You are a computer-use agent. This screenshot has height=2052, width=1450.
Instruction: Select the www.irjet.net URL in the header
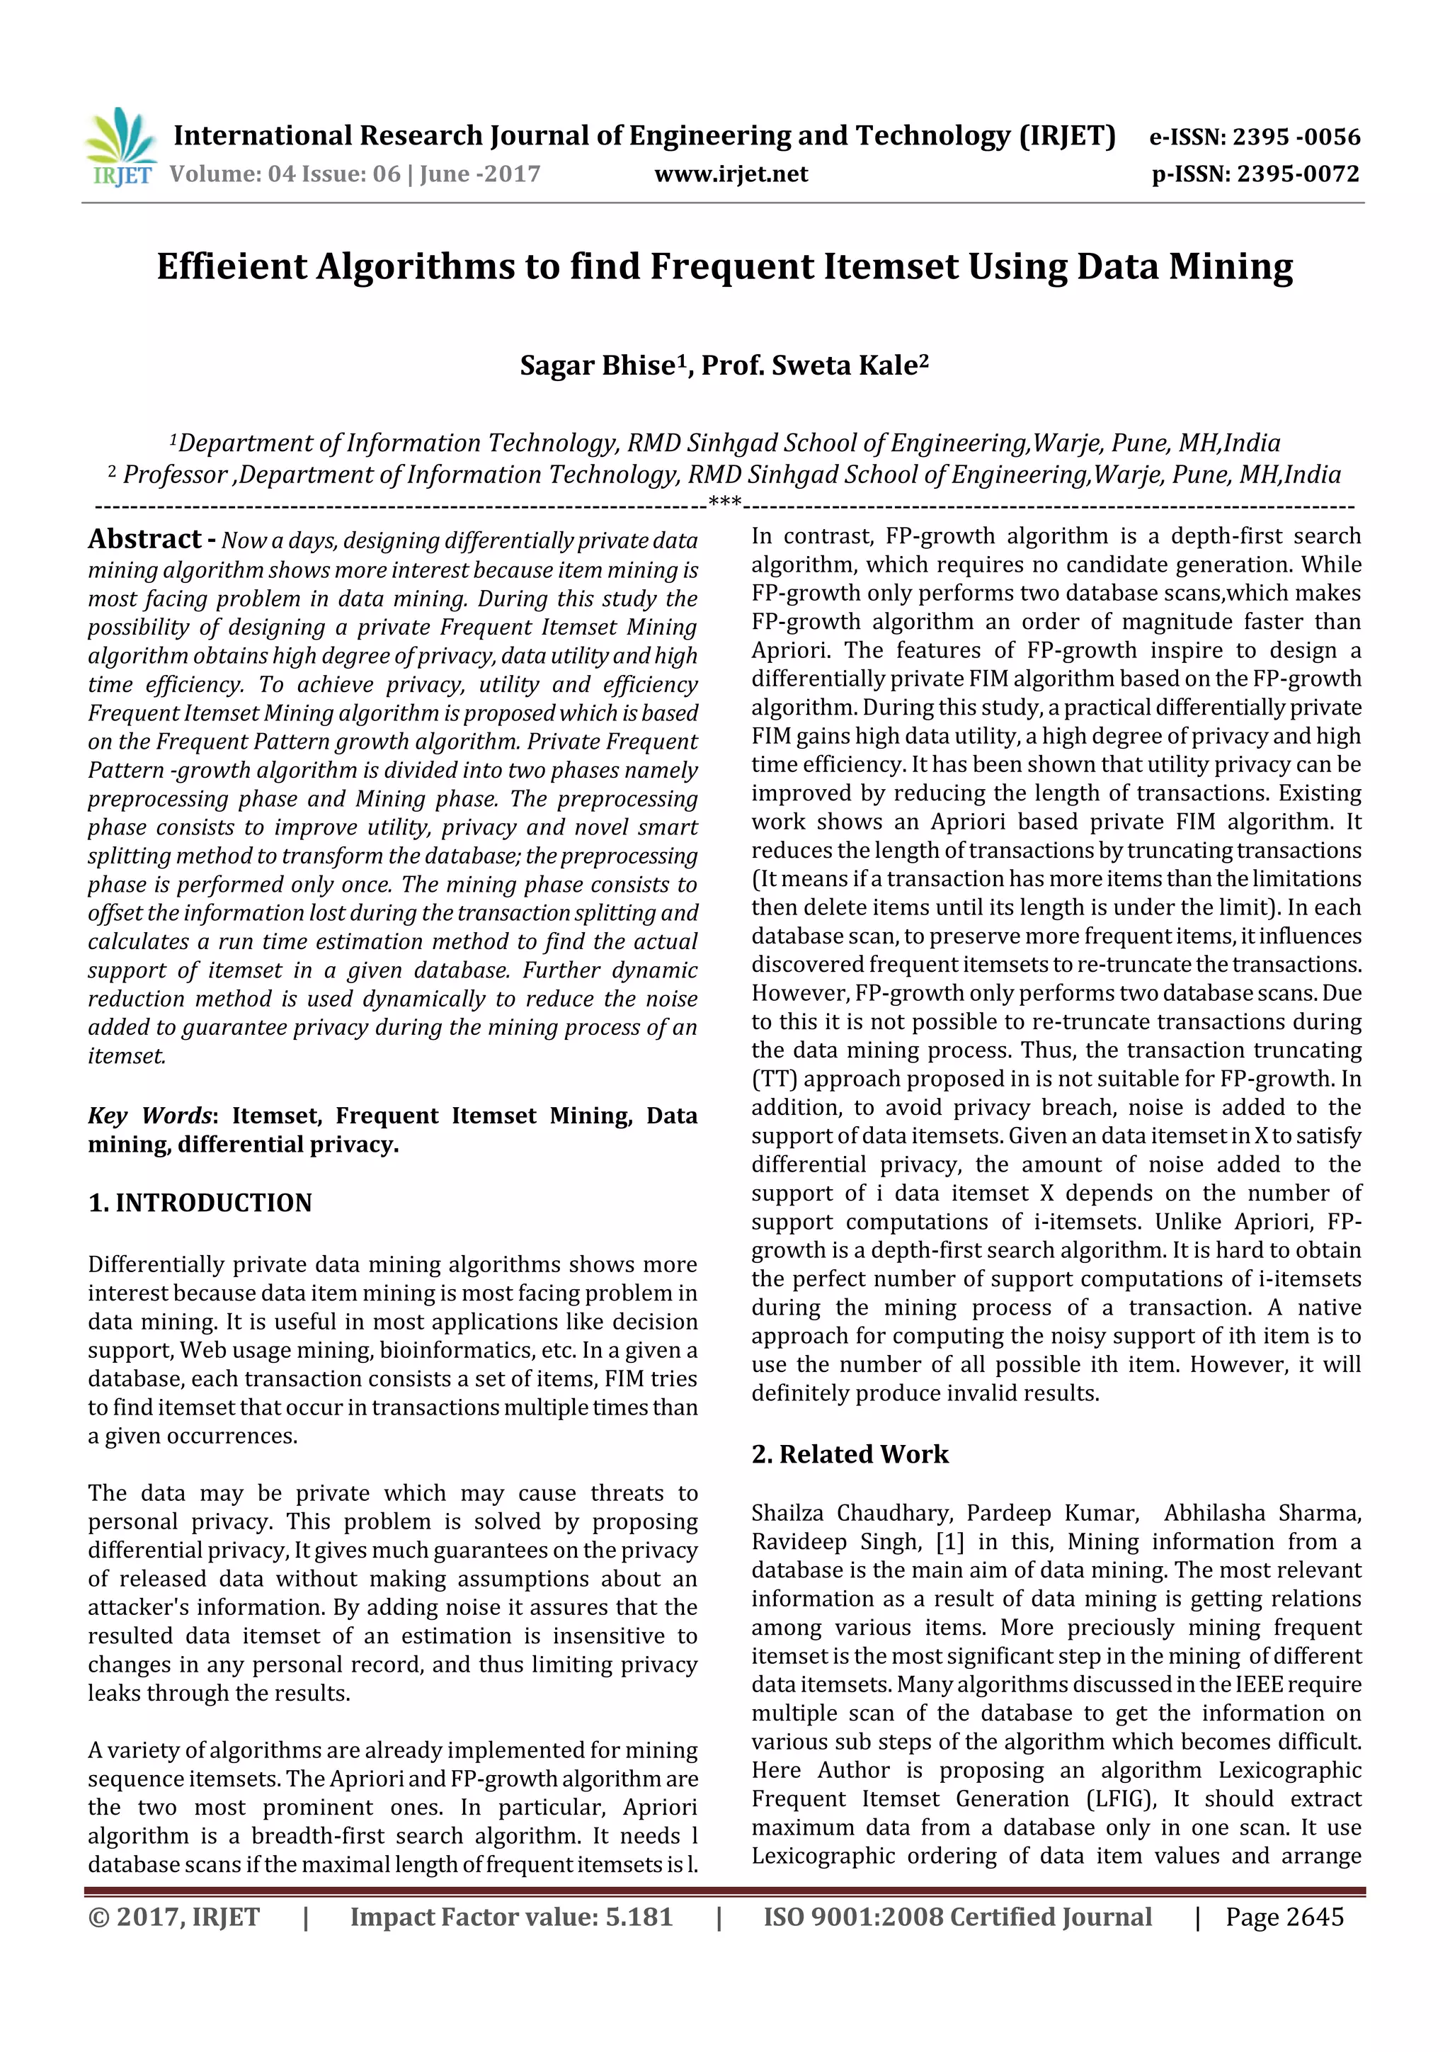730,174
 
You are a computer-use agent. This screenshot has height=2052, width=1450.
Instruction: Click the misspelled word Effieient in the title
232,266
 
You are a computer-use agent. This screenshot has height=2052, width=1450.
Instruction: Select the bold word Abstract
144,539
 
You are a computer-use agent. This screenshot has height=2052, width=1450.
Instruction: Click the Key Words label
149,1116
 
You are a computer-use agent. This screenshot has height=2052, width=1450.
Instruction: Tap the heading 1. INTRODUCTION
200,1203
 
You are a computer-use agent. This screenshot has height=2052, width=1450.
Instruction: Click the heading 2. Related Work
850,1454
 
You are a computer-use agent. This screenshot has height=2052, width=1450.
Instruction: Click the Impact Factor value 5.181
639,1917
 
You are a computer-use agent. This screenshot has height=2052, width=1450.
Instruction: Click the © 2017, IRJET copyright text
173,1917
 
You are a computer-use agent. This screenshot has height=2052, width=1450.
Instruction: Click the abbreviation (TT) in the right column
775,1079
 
